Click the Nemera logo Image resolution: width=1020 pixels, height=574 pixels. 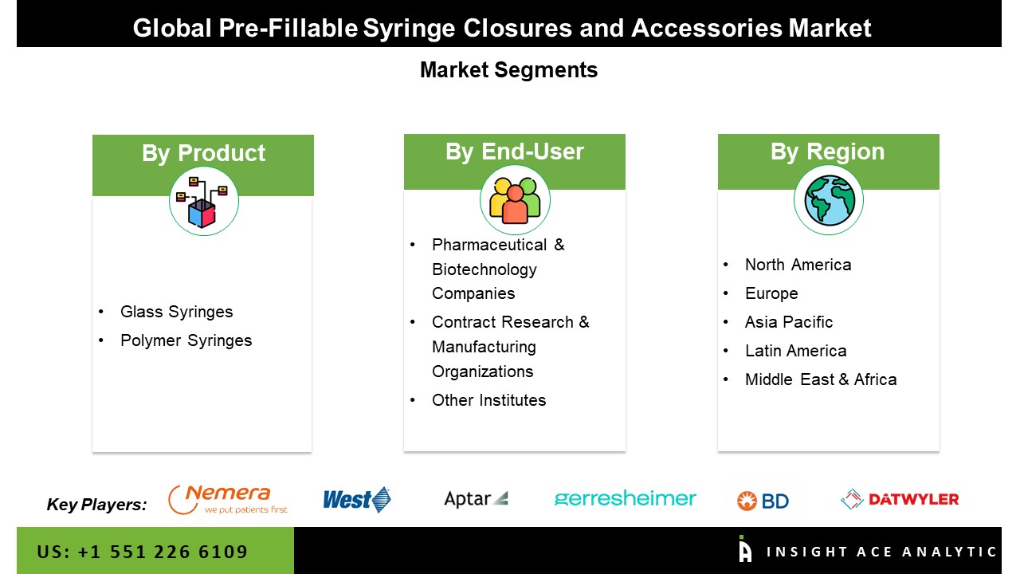click(x=228, y=500)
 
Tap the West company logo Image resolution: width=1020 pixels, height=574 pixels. click(x=356, y=500)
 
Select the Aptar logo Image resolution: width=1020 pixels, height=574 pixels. click(x=476, y=499)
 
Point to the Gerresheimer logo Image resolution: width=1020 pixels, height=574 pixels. click(x=626, y=499)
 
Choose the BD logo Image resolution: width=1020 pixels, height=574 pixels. click(x=763, y=501)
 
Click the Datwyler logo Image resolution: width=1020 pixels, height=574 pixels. click(x=900, y=499)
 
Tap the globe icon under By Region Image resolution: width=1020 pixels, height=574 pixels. click(x=830, y=200)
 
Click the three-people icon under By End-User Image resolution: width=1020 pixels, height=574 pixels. click(x=515, y=200)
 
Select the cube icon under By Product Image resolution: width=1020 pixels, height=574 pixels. click(x=203, y=202)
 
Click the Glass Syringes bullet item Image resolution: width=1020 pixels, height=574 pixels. click(x=177, y=312)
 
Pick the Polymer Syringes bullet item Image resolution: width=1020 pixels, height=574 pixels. click(x=186, y=340)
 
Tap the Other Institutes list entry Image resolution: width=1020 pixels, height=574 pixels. click(x=489, y=400)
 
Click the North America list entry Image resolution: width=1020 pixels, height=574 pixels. click(x=798, y=265)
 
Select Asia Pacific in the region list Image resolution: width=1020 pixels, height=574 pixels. click(x=789, y=322)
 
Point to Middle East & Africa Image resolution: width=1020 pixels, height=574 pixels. click(x=821, y=379)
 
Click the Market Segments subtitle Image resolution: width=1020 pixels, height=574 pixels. click(x=508, y=70)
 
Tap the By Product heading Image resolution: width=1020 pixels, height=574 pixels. click(x=203, y=153)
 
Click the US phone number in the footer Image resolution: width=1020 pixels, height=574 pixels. click(x=143, y=552)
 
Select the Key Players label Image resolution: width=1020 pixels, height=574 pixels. click(x=97, y=505)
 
